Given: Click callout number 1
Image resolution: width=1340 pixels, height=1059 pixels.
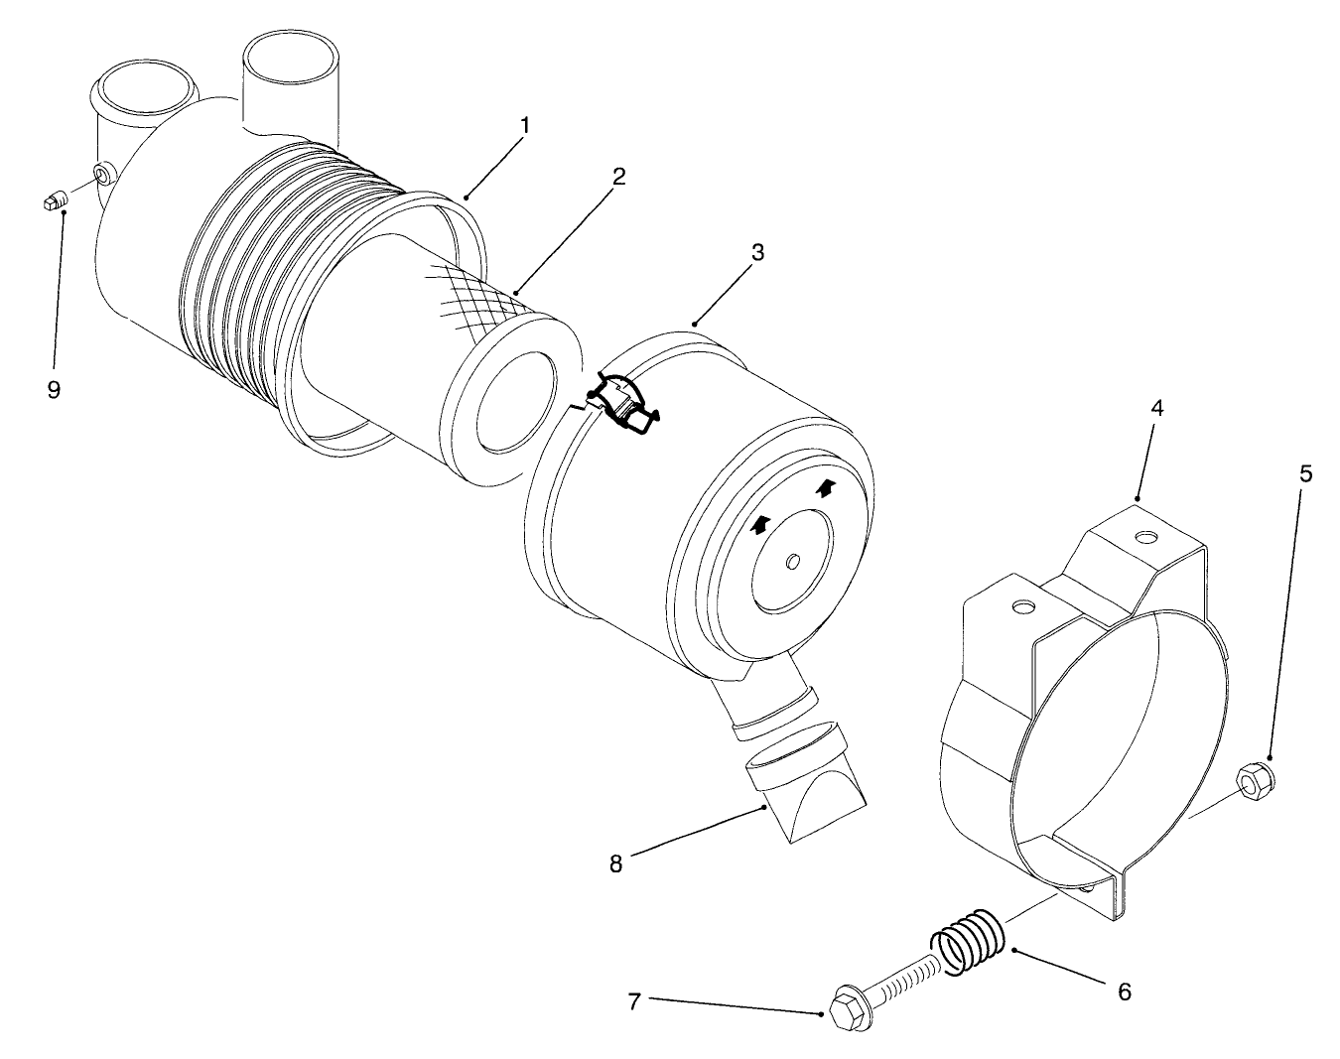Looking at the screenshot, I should point(525,126).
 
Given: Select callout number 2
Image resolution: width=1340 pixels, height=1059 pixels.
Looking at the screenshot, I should point(618,177).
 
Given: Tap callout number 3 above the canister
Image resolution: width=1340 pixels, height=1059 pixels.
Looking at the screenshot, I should point(757,252).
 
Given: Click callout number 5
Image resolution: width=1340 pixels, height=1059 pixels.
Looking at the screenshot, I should point(1306,473).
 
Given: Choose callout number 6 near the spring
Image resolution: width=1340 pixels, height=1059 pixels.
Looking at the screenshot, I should point(1124,991).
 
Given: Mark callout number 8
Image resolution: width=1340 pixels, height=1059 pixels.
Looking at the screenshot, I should point(615,863).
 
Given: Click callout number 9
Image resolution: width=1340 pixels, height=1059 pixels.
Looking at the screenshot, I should point(54,389).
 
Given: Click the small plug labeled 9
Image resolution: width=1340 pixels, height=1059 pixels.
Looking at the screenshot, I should point(58,200).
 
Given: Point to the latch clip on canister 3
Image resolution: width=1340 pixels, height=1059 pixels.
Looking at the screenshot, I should point(622,402).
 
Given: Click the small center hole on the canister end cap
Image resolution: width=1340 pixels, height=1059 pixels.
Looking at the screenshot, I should point(792,563).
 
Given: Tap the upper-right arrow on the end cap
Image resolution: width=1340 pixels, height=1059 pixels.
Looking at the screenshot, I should point(825,487).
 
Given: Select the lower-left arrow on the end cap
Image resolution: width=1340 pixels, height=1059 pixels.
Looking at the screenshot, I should point(759,525).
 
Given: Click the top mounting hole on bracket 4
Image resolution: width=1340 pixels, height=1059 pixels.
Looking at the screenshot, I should point(1147,537).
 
